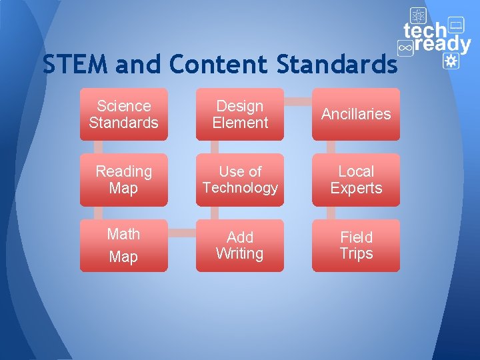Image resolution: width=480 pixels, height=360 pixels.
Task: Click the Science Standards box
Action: click(123, 114)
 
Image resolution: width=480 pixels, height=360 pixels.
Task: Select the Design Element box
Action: click(239, 114)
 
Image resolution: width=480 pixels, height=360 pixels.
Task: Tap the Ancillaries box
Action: click(356, 114)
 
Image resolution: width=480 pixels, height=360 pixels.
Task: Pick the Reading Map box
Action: click(123, 179)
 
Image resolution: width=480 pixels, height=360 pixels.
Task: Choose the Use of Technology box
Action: click(239, 179)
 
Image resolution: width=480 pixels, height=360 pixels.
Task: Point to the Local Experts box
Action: click(356, 179)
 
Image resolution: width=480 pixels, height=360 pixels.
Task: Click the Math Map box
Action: click(123, 245)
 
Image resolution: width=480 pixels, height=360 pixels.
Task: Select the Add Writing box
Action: click(239, 245)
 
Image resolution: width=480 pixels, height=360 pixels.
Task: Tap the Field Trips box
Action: click(356, 245)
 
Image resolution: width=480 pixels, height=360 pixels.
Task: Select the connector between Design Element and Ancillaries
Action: click(297, 102)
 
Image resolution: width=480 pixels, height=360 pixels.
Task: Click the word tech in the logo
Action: click(425, 31)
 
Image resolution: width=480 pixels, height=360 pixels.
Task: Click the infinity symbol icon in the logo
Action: click(405, 47)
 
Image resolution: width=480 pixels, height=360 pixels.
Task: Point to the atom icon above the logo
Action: click(418, 15)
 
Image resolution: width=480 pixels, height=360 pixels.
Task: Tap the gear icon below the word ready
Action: click(451, 61)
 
